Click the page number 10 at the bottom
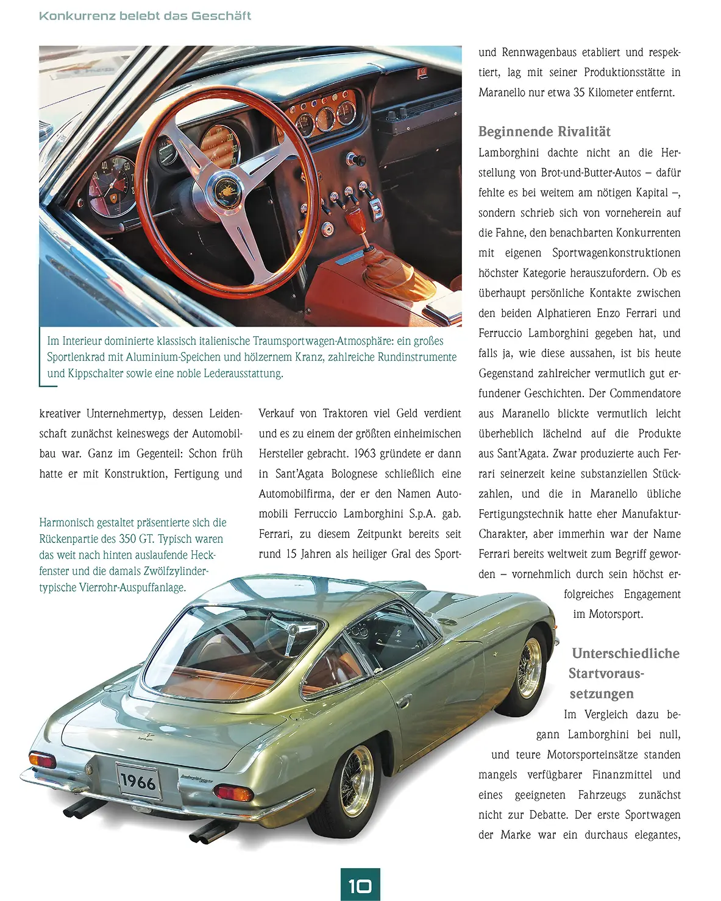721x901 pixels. (360, 885)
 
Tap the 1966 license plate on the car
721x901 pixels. (138, 782)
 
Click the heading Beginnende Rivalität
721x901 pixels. (544, 132)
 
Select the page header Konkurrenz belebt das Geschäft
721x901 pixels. (145, 16)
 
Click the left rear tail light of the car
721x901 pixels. (43, 760)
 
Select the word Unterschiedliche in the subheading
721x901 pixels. (625, 654)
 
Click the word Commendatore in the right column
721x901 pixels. (645, 394)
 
